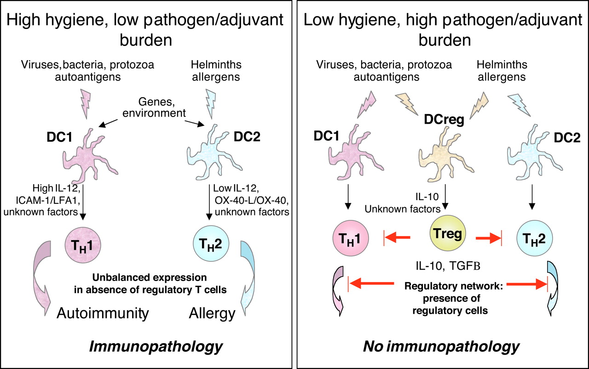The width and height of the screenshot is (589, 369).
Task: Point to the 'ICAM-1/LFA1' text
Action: (x=57, y=201)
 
